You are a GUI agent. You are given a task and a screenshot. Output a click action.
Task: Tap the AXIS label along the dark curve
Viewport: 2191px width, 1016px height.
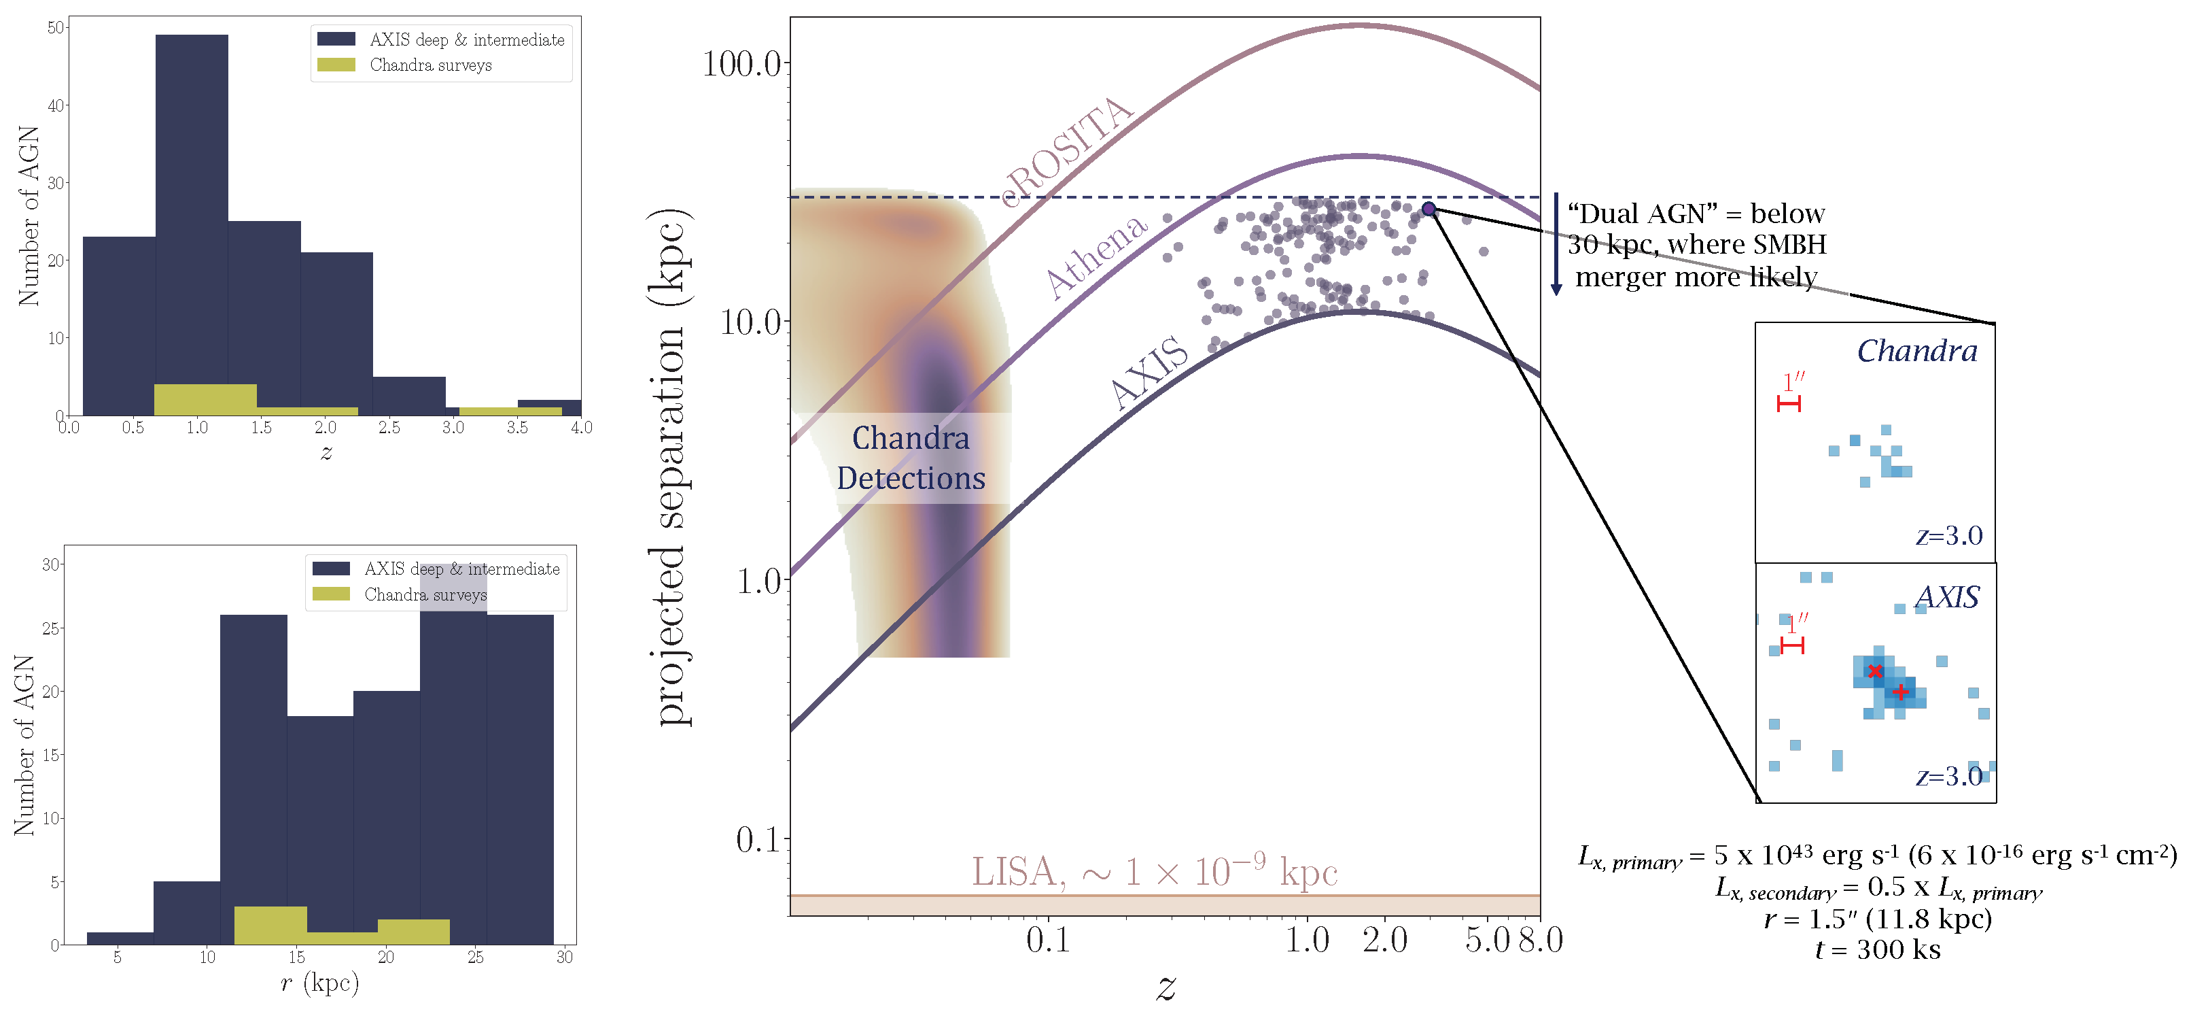tap(1150, 373)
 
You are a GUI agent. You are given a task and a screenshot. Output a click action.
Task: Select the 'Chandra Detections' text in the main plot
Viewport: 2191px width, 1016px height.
tap(910, 458)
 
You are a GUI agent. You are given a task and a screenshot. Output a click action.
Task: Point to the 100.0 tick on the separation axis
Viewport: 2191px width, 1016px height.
tap(741, 64)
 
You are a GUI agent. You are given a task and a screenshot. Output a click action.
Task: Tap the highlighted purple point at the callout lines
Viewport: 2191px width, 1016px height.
tap(1429, 209)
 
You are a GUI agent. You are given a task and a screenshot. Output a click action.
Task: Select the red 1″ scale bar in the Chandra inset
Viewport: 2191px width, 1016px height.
tap(1789, 403)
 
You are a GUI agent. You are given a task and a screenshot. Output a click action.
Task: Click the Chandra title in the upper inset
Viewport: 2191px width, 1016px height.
tap(1916, 351)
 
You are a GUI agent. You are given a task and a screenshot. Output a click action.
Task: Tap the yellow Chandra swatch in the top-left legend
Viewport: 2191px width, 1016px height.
tap(336, 65)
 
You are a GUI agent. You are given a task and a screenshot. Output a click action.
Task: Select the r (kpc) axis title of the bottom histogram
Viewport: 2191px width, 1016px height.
tap(320, 983)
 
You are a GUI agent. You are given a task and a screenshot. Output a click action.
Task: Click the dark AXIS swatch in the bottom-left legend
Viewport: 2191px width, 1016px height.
tap(331, 569)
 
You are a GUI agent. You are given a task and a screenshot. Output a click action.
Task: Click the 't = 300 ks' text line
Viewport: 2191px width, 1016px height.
tap(1877, 949)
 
